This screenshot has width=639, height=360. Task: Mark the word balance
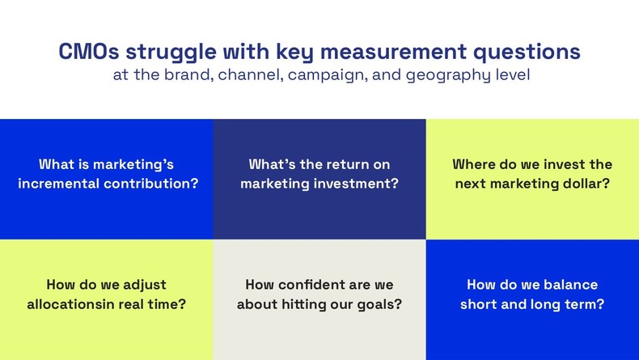point(570,285)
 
